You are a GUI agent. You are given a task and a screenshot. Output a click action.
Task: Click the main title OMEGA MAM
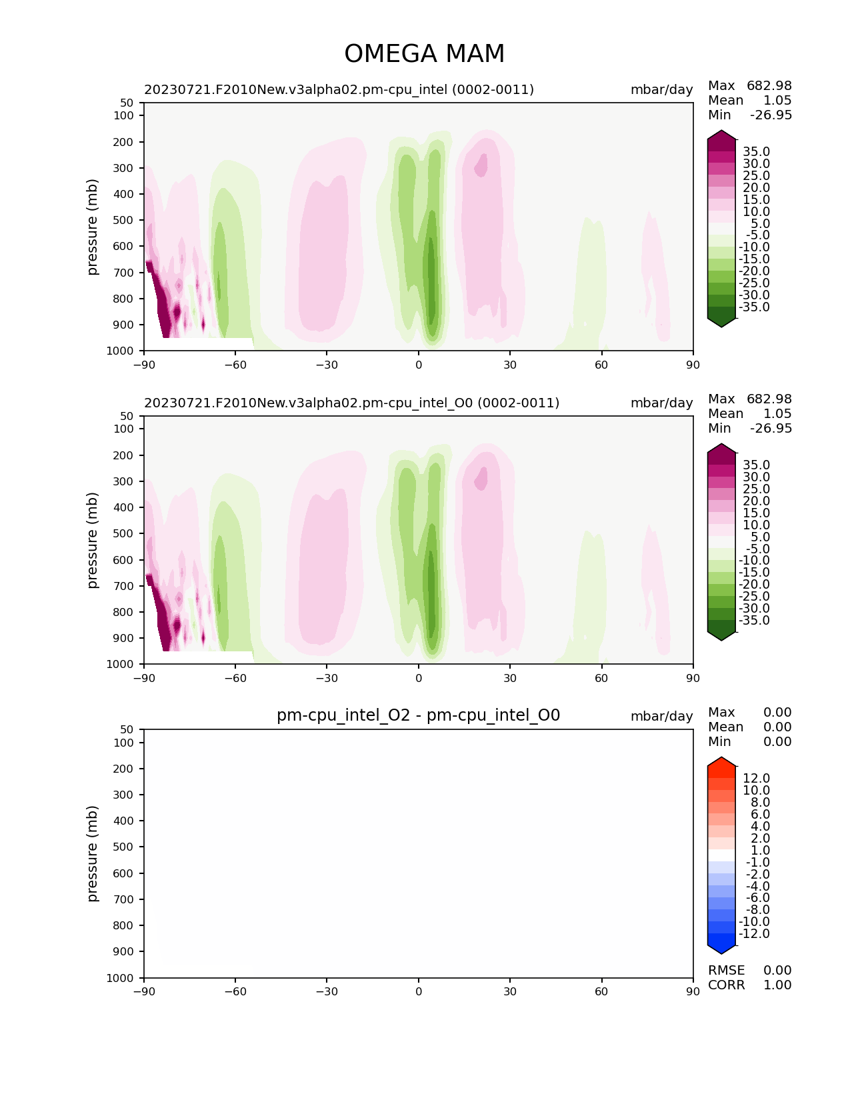click(424, 54)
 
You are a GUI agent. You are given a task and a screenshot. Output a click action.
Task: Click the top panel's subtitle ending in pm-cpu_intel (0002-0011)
click(339, 90)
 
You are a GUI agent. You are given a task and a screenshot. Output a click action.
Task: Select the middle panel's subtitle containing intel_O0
click(351, 403)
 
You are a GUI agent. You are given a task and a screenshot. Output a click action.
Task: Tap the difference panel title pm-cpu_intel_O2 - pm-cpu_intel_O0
click(418, 715)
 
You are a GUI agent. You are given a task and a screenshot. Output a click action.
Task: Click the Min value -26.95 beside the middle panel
click(771, 429)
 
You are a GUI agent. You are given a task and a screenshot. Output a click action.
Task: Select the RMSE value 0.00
click(777, 971)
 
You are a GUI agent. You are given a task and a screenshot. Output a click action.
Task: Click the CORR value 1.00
click(777, 985)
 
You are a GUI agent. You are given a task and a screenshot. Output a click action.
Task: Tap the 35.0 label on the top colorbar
click(756, 152)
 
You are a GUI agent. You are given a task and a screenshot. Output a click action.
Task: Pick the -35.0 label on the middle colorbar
click(754, 621)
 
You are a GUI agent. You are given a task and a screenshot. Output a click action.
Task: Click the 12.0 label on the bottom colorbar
click(756, 779)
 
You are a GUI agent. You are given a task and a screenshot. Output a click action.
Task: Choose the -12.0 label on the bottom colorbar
click(754, 934)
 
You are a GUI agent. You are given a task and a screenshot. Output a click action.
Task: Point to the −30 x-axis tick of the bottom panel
click(327, 991)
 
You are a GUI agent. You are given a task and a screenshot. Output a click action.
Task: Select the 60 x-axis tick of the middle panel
click(601, 678)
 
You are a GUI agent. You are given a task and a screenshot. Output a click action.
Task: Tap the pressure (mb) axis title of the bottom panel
click(93, 853)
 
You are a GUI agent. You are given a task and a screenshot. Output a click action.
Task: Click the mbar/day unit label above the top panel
click(661, 90)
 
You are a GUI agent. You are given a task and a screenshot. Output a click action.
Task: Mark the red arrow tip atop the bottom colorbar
click(721, 761)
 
